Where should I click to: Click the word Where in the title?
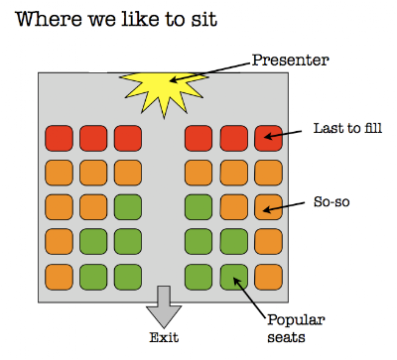coord(49,19)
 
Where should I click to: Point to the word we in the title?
coord(101,21)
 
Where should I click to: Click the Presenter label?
coord(291,60)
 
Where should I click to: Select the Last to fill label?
coord(347,128)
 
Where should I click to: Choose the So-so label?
coord(331,201)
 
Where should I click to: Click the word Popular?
coord(296,320)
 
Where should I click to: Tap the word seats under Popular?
coord(286,337)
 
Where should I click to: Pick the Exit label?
coord(164,337)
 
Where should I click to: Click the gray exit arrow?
coord(164,306)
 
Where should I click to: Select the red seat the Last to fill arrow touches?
coord(268,138)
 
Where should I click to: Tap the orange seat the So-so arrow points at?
coord(268,207)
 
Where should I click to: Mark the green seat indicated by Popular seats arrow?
coord(234,277)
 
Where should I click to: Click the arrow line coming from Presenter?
coord(210,71)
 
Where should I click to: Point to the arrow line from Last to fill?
coord(283,134)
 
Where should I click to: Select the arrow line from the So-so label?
coord(283,206)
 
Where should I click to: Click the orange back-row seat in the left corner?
coord(59,277)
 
